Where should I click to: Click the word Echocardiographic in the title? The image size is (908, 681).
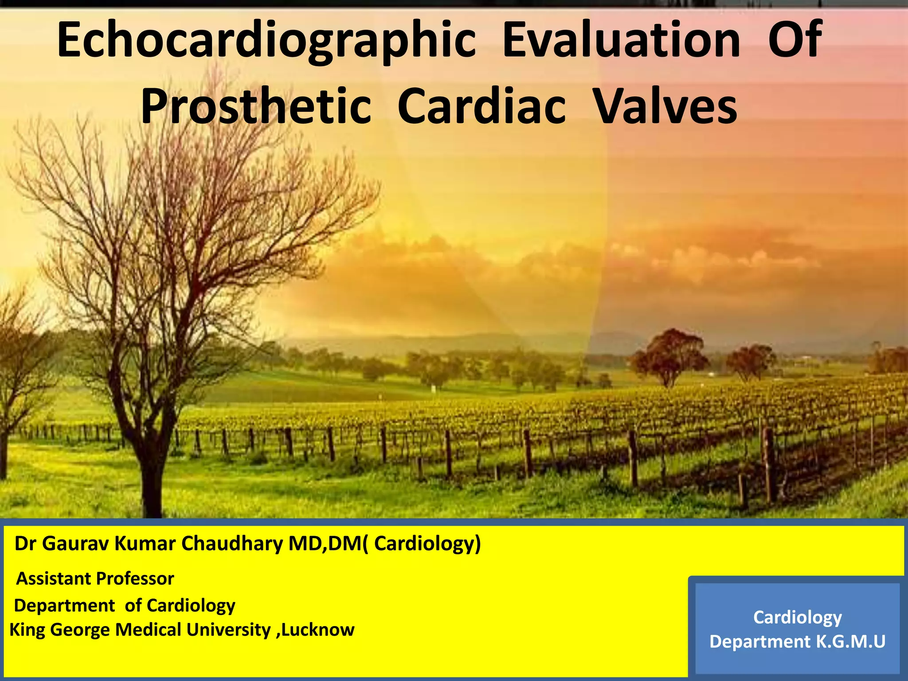tap(266, 41)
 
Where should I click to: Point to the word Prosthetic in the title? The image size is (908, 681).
tap(256, 106)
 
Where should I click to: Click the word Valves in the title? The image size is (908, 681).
tap(665, 106)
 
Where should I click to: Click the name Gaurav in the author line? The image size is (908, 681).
tap(75, 544)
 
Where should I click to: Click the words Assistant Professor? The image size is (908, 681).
tap(95, 579)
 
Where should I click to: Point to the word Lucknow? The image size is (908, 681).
tap(317, 630)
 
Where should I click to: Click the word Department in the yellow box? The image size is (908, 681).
tap(65, 606)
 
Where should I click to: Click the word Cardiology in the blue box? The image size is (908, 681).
tap(797, 617)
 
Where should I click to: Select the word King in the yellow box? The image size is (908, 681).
tap(27, 630)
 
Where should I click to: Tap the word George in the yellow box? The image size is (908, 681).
tap(80, 630)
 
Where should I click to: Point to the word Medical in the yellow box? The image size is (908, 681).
tap(149, 630)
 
